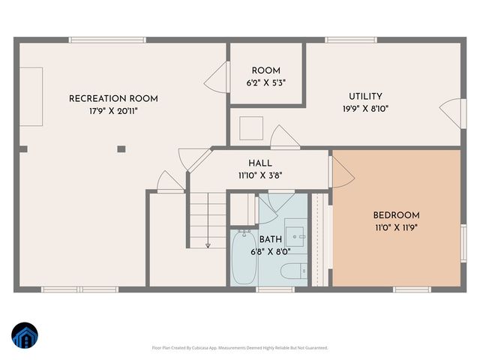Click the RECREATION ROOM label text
(113, 99)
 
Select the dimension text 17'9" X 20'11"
(113, 111)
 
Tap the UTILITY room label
(365, 96)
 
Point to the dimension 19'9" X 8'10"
(365, 108)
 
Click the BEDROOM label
(397, 215)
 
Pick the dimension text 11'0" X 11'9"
(397, 227)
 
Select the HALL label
(260, 163)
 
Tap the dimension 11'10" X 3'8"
(260, 175)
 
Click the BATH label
(271, 239)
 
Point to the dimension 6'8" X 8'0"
(271, 252)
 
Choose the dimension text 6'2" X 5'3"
(266, 82)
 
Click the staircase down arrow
(208, 244)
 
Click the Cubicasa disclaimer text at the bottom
(240, 348)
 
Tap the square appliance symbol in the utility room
(250, 128)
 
